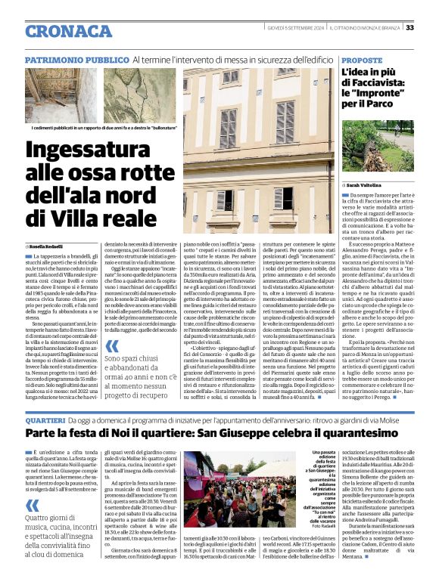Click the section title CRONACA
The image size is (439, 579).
coord(68,30)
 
